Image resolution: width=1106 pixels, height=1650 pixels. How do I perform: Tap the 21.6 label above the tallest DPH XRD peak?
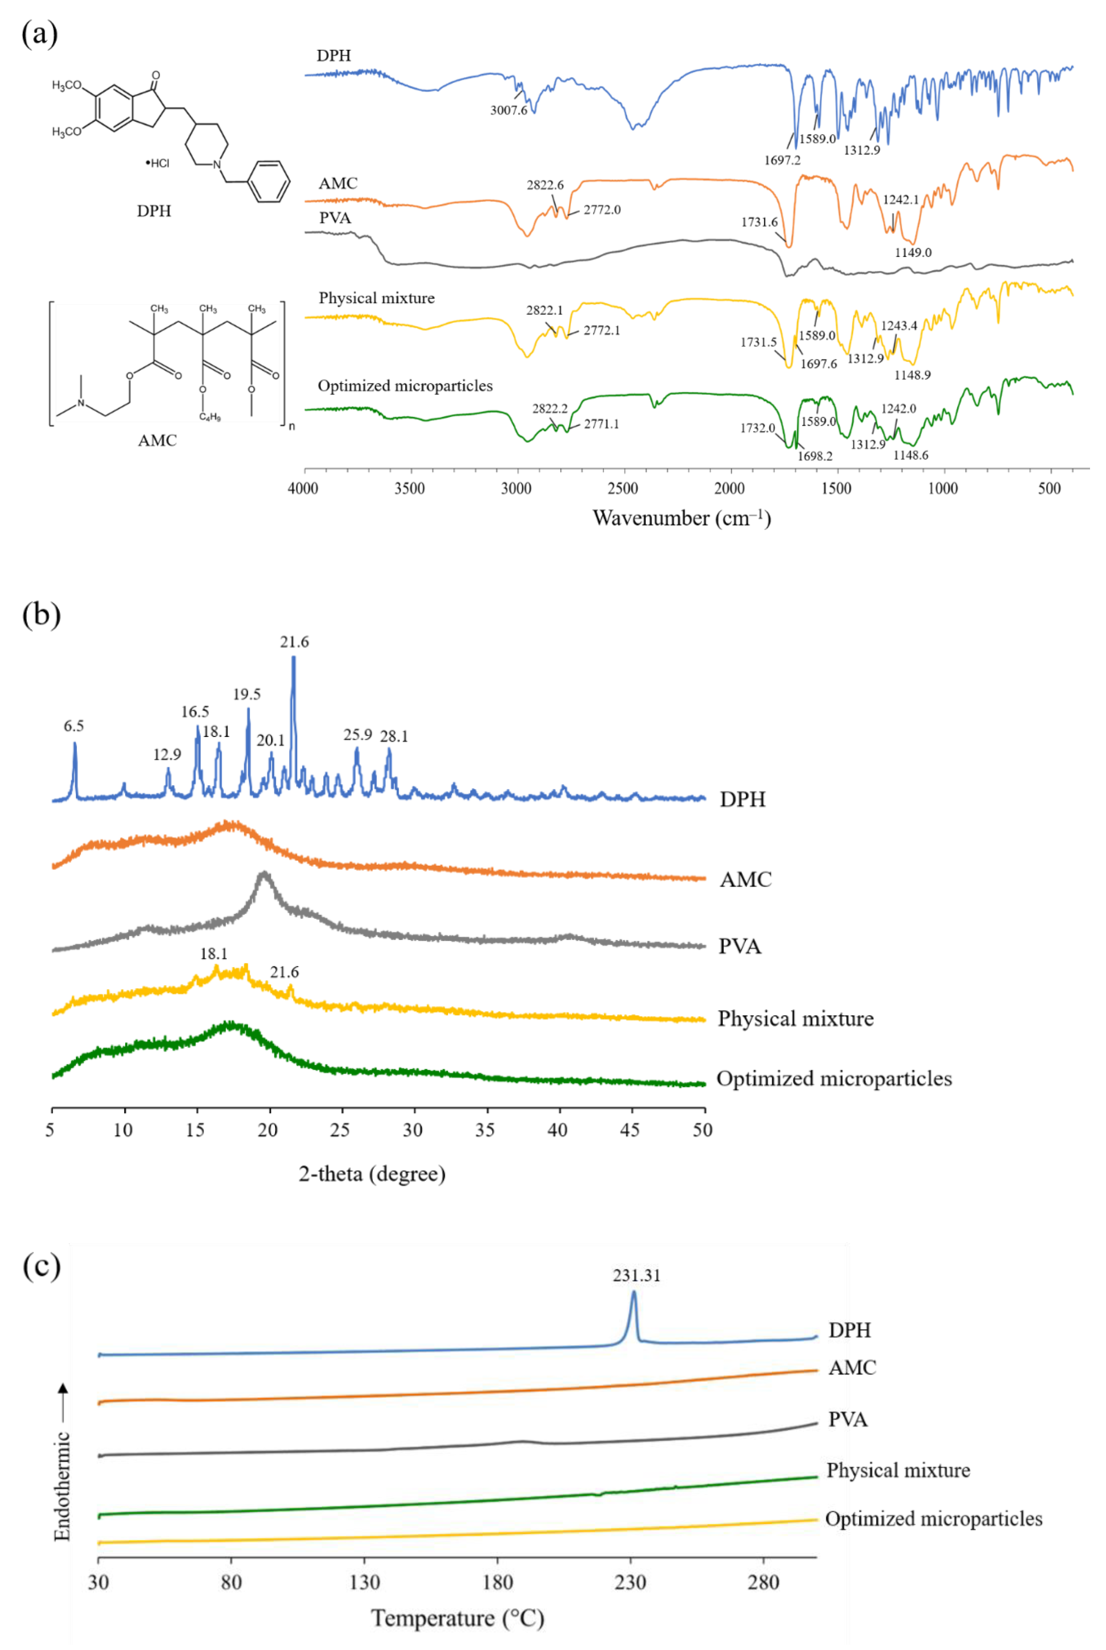click(x=294, y=642)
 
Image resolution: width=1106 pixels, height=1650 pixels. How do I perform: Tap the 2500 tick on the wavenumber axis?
click(x=623, y=488)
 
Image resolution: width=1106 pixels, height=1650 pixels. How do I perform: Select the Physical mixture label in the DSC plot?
click(x=898, y=1470)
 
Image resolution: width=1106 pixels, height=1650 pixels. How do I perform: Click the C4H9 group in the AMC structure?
click(x=209, y=417)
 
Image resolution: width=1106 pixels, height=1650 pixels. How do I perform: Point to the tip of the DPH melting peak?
click(x=633, y=1292)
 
